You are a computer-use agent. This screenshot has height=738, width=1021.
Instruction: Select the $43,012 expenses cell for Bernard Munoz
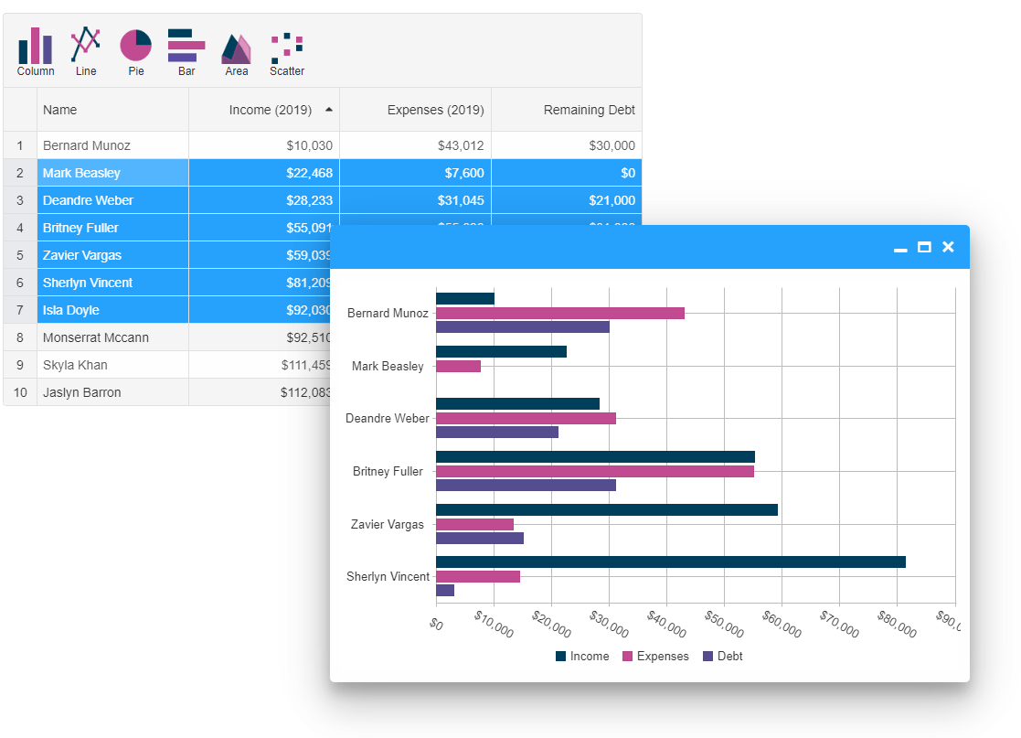tap(415, 145)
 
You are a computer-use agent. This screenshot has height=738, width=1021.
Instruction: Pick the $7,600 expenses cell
tap(415, 173)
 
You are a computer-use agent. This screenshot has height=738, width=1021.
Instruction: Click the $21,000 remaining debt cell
tap(567, 200)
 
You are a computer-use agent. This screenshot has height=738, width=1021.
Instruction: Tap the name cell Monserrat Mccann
tap(96, 337)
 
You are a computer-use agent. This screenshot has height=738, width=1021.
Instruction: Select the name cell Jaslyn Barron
tap(82, 392)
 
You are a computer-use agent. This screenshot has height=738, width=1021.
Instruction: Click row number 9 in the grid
tap(20, 365)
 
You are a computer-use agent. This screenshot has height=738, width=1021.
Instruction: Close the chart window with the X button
tap(948, 247)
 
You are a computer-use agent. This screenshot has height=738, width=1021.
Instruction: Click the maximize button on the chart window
tap(924, 247)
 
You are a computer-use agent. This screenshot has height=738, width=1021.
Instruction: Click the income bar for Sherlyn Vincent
tap(670, 562)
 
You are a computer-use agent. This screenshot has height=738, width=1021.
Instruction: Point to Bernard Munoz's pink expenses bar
tap(559, 313)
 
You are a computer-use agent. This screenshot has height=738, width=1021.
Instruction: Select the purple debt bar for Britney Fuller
tap(526, 486)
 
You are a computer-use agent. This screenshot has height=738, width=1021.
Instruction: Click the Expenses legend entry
tap(655, 656)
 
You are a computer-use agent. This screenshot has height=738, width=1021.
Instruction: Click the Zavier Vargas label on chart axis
tap(388, 524)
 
